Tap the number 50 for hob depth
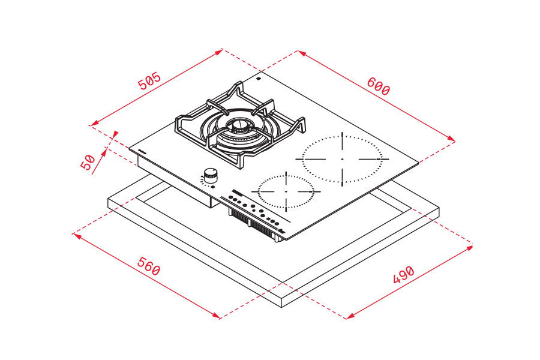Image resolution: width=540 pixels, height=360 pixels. [x=88, y=162]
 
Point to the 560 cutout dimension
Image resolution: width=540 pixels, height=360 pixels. [x=148, y=266]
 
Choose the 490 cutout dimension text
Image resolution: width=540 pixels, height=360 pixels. [x=404, y=274]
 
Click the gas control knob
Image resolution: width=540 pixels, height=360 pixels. [x=210, y=175]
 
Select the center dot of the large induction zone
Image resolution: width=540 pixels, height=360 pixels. [x=342, y=159]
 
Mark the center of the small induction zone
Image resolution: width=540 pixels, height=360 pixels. [x=286, y=191]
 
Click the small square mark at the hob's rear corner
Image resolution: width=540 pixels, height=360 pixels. [x=258, y=79]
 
